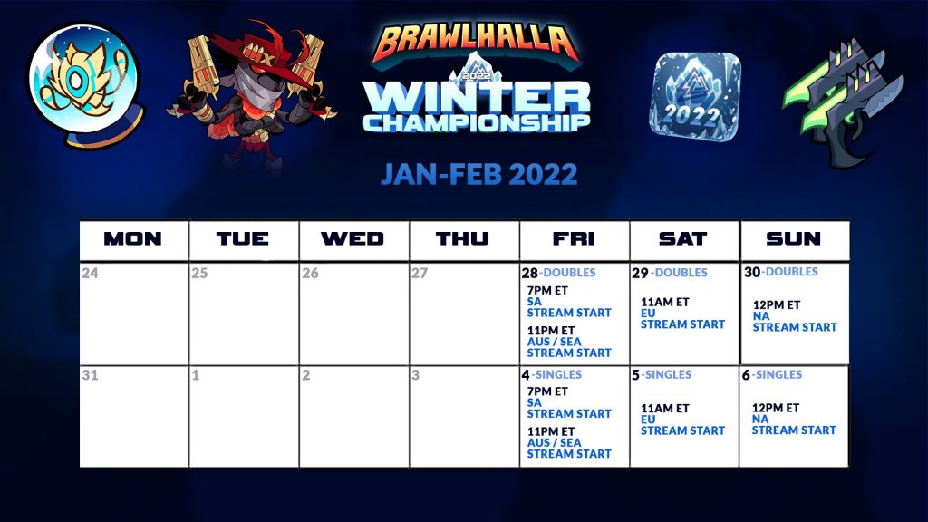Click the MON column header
(132, 238)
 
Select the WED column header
(353, 238)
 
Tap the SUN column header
(793, 238)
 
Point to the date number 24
(90, 273)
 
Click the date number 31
(90, 374)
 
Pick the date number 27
(420, 273)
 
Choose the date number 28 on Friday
(529, 273)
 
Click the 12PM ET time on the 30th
(777, 304)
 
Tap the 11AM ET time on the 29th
(664, 302)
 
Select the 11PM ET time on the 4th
(550, 431)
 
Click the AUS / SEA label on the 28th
(554, 342)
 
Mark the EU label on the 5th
(648, 419)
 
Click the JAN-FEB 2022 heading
(478, 174)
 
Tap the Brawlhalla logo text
(476, 43)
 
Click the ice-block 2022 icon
(695, 97)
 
